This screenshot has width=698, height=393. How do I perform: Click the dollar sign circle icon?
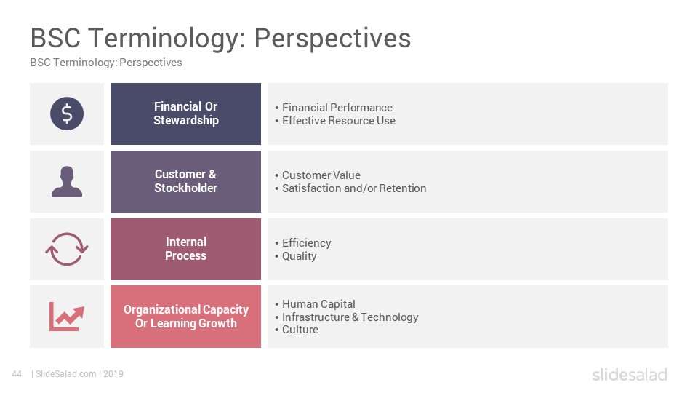point(67,114)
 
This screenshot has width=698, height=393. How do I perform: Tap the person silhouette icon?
point(67,181)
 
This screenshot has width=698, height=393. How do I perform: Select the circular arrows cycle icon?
point(67,249)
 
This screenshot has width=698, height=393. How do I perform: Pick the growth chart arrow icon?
point(67,317)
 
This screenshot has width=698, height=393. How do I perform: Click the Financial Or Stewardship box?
point(185,114)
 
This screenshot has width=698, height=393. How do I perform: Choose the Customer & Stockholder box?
point(185,181)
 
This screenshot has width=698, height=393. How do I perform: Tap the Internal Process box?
point(185,249)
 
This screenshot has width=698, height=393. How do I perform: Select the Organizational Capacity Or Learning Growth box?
point(185,317)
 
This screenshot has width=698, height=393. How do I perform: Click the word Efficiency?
point(306,243)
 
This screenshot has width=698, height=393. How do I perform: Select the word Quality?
point(299,256)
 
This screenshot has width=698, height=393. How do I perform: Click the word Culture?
point(300,330)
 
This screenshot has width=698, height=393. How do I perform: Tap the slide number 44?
point(17,374)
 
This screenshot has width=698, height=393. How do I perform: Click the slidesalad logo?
point(630,374)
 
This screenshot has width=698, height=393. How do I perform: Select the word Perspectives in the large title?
point(332,39)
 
